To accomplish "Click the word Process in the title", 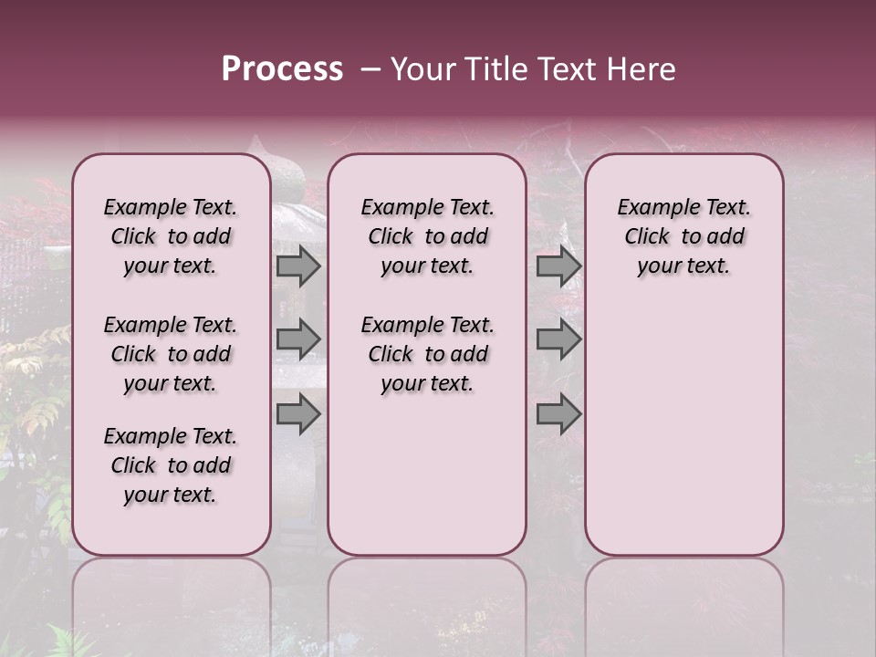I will (x=282, y=69).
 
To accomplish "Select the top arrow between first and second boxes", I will (x=298, y=266).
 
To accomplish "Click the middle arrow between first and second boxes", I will (x=298, y=339).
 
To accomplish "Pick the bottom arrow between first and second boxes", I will (x=298, y=415).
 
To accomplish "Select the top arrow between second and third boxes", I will (x=558, y=266).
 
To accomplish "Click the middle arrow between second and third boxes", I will (x=558, y=339).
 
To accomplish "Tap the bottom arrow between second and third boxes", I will (x=558, y=415).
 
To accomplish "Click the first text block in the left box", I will (x=171, y=236).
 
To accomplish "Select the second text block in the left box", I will (x=171, y=354).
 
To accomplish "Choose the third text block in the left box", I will (x=171, y=465).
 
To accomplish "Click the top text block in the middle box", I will (x=427, y=236).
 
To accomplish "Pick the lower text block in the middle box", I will (x=427, y=354).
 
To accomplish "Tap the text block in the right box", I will (x=683, y=236).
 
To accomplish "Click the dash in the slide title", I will (x=370, y=69).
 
